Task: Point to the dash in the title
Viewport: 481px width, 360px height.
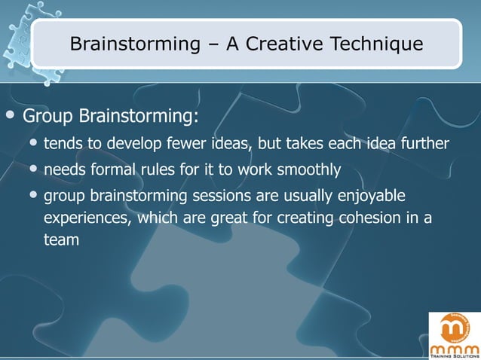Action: [x=214, y=45]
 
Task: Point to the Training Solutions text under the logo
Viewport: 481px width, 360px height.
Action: [x=454, y=355]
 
